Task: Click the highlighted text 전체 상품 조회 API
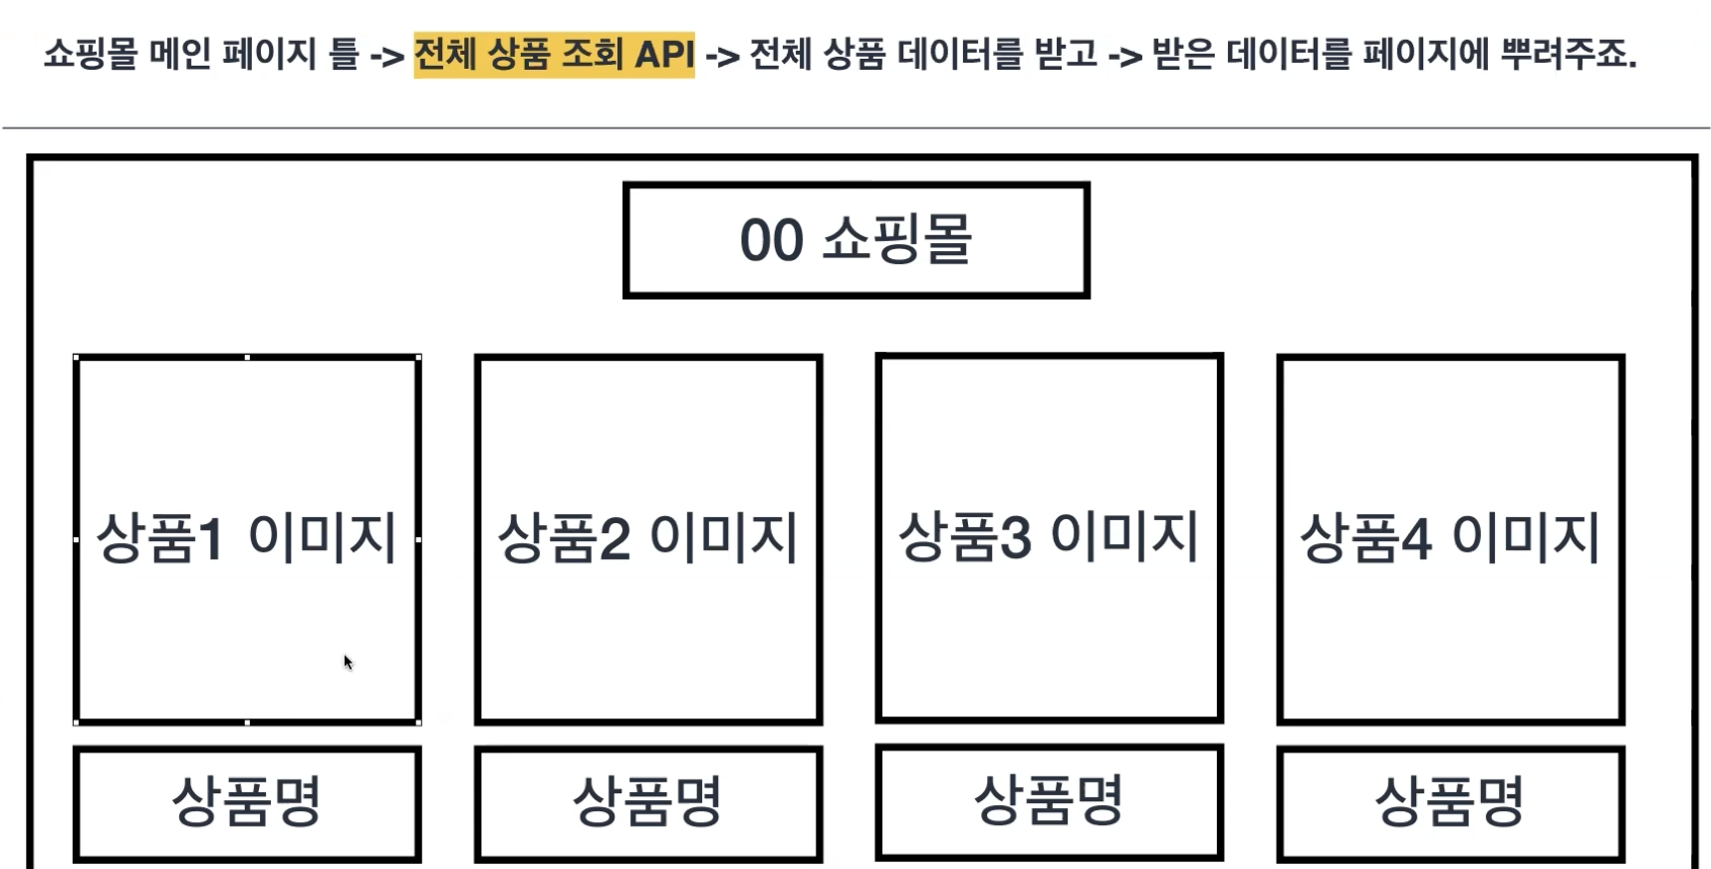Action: [x=554, y=54]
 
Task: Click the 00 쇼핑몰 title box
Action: [x=855, y=240]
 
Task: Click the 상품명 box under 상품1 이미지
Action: [x=247, y=802]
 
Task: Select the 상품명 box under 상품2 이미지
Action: [x=648, y=802]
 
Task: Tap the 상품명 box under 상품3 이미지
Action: [x=1049, y=800]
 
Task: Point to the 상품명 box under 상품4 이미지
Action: [x=1450, y=802]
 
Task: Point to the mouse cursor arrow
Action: [x=348, y=662]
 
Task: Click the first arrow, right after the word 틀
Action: [x=386, y=56]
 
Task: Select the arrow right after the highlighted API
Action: [x=722, y=56]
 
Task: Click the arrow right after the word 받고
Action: [x=1124, y=56]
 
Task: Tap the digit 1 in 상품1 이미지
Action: [x=210, y=538]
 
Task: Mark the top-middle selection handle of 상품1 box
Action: [x=247, y=357]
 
